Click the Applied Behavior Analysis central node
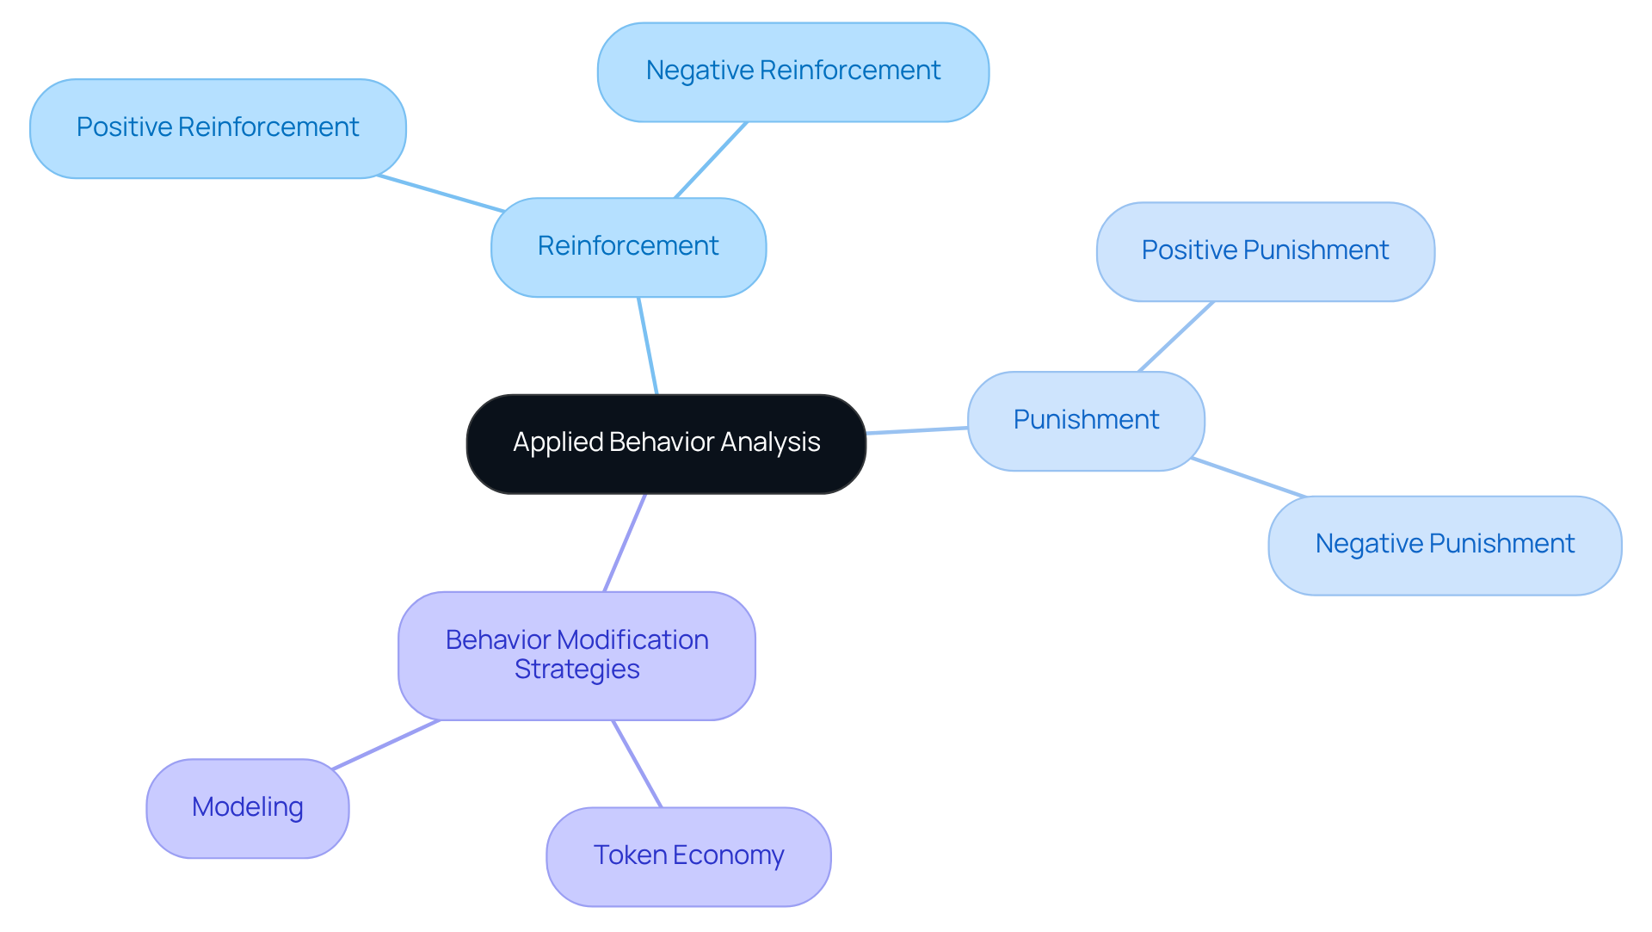point(666,443)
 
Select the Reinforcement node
point(628,247)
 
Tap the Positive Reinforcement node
point(218,128)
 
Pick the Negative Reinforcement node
point(792,71)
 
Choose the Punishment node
point(1086,420)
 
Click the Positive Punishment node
point(1265,251)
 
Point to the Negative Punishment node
point(1445,545)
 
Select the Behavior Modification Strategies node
point(576,654)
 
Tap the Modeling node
point(248,807)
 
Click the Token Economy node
point(688,855)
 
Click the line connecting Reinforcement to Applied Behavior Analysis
point(648,346)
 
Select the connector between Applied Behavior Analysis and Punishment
point(917,430)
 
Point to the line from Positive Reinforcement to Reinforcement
point(441,194)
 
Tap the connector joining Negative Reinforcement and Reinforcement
point(711,160)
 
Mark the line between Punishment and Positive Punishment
point(1176,336)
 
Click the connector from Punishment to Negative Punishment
point(1248,478)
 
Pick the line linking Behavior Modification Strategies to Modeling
point(386,744)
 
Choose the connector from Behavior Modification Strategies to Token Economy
point(637,764)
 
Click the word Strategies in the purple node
point(576,670)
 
